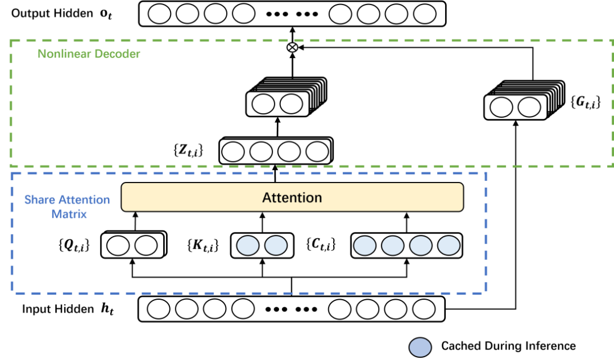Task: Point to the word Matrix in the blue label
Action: point(69,214)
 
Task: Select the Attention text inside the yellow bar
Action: point(292,198)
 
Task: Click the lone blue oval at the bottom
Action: point(420,347)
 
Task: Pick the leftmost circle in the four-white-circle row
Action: point(233,152)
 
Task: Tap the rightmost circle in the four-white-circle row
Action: point(317,152)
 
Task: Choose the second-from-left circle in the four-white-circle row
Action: point(261,152)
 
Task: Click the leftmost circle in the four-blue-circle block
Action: point(365,246)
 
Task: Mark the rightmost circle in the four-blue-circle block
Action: point(449,246)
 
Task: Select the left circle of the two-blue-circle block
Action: point(248,246)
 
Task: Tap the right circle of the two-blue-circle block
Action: point(276,246)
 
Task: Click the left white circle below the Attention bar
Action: point(118,246)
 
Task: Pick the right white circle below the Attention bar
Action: point(146,246)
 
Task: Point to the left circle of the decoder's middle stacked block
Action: point(263,104)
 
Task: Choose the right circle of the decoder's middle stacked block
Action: point(292,104)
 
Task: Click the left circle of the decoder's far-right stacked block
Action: point(501,107)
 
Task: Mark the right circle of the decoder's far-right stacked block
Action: point(529,107)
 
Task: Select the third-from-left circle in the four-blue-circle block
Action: point(421,246)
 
